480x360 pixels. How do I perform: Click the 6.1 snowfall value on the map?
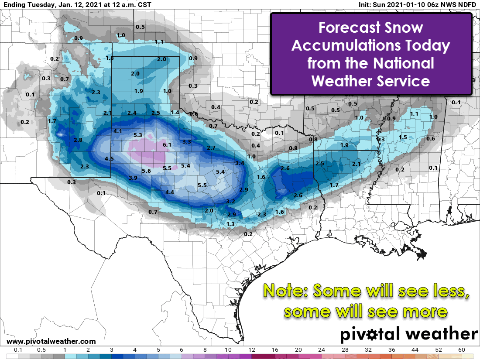coord(167,144)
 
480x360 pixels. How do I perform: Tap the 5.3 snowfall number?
coord(138,135)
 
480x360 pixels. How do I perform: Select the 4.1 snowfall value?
coord(117,131)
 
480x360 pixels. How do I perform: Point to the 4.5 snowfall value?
coord(109,158)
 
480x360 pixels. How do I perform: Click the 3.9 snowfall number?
coord(133,178)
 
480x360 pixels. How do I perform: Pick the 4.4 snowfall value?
coord(170,192)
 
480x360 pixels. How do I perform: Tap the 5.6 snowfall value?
coord(146,171)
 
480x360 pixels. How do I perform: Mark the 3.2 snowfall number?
coord(230,201)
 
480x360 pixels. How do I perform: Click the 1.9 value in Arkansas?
coord(344,145)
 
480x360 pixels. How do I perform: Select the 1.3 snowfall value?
coord(231,224)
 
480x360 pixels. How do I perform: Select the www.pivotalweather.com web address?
coord(51,341)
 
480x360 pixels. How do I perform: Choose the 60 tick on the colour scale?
coord(462,350)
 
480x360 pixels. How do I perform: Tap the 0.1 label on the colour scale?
coord(18,350)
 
